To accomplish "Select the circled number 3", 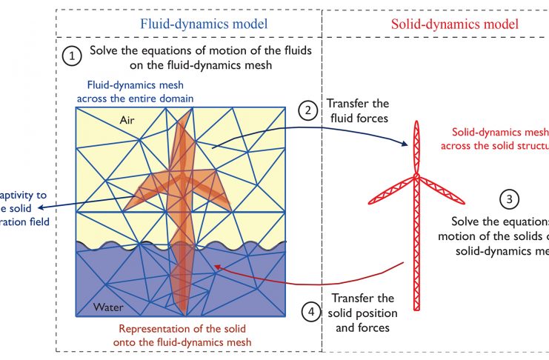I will tap(508, 199).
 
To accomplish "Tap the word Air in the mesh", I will tap(131, 119).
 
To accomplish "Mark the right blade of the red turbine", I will tap(442, 188).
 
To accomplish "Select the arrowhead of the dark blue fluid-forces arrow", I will tap(408, 144).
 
